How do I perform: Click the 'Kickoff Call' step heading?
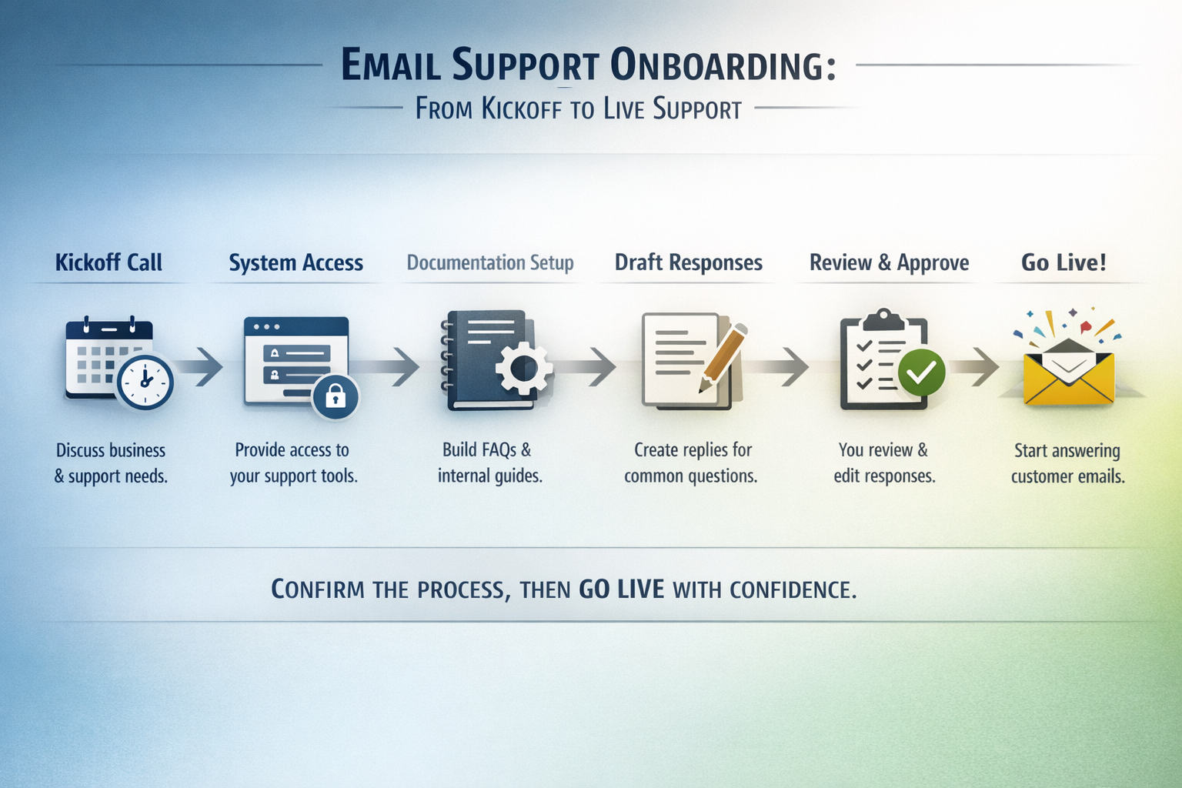coord(109,262)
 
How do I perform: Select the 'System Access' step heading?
coord(295,263)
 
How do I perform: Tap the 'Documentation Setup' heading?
coord(490,263)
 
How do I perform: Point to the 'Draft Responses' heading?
coord(688,263)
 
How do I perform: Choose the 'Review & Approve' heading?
coord(889,263)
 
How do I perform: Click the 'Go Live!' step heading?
coord(1063,263)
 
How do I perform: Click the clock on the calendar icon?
coord(145,381)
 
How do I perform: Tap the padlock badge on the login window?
coord(335,396)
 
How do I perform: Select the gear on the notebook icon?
coord(523,369)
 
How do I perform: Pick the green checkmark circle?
coord(921,372)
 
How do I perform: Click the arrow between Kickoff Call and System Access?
coord(204,366)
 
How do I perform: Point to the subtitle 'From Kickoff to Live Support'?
coord(578,109)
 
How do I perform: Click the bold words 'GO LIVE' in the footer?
coord(621,589)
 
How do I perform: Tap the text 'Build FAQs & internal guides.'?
coord(489,462)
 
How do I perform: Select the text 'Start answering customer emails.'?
coord(1067,463)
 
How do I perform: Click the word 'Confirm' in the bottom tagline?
coord(318,589)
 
